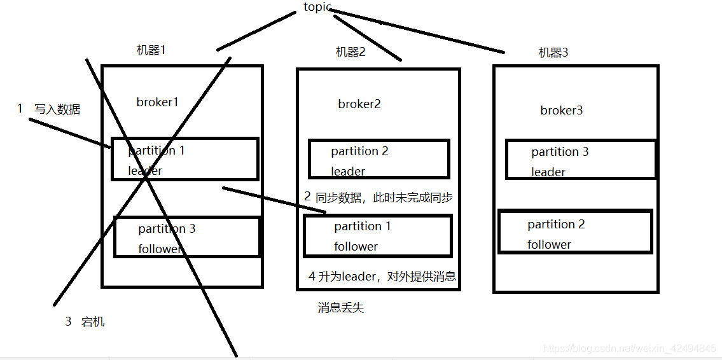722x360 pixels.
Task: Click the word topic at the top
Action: [x=317, y=8]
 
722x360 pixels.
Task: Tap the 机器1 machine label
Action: [x=151, y=50]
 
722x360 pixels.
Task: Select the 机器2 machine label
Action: [x=351, y=52]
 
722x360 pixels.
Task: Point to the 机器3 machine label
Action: [x=553, y=53]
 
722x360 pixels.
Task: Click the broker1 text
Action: [x=157, y=102]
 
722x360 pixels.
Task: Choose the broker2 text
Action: [x=359, y=104]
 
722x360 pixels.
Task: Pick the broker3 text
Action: [x=561, y=111]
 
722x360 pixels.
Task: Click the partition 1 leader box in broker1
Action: [x=184, y=159]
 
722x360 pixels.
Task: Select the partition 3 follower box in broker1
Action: [x=187, y=237]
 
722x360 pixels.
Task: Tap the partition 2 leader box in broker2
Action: [x=379, y=160]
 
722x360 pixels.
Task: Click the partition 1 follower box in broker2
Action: [x=378, y=235]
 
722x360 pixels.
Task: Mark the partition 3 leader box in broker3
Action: [x=580, y=160]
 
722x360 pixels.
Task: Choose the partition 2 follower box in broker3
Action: [x=575, y=233]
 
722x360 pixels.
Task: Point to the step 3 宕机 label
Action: [x=85, y=322]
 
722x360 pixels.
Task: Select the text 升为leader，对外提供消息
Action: [x=382, y=277]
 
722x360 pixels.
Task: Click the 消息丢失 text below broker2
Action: [x=341, y=308]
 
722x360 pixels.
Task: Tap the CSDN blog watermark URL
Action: [x=630, y=349]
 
